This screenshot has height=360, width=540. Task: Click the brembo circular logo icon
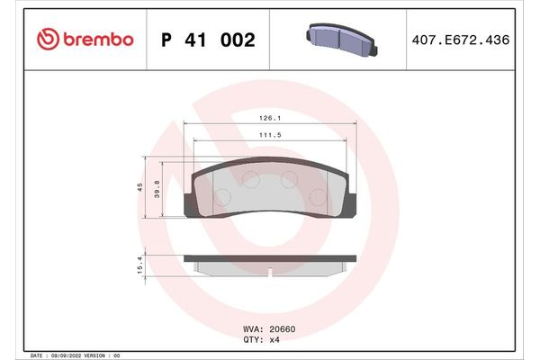click(x=46, y=40)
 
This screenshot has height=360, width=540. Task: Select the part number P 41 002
click(x=208, y=40)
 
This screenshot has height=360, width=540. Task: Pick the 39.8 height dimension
click(x=158, y=197)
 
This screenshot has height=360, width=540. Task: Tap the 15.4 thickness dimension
click(x=140, y=264)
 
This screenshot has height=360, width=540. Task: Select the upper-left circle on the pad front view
click(x=250, y=179)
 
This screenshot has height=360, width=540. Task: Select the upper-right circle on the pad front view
click(x=289, y=179)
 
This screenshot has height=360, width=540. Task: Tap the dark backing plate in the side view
click(x=269, y=257)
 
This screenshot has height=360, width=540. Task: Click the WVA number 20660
click(x=283, y=329)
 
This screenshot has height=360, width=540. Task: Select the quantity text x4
click(x=276, y=340)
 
